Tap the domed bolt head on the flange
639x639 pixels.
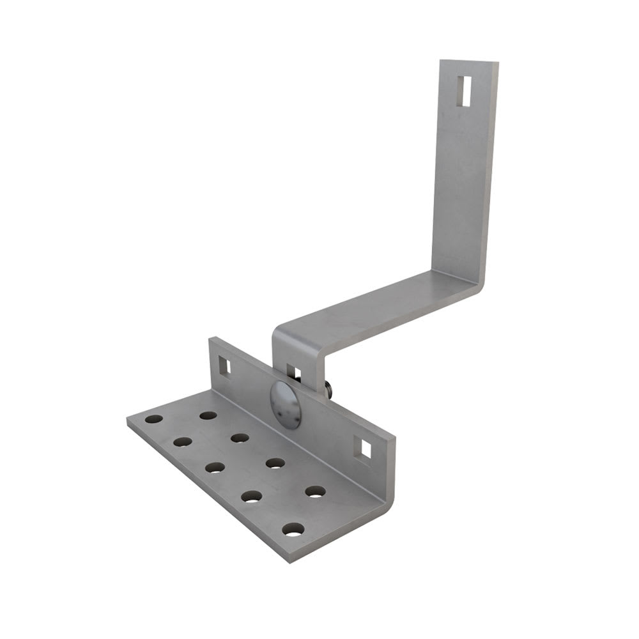(286, 404)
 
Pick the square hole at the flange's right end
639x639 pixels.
(365, 449)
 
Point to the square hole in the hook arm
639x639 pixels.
(293, 373)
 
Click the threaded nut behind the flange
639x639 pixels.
(327, 390)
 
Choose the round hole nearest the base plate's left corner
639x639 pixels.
(153, 419)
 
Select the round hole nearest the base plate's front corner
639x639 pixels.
(293, 529)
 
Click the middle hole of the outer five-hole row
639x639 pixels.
(215, 467)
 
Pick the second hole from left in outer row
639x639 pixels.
(183, 442)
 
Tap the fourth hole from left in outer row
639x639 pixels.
(252, 496)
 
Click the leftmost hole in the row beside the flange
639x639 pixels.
(208, 415)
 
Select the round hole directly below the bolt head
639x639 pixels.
(275, 463)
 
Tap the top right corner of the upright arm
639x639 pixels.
(498, 63)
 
